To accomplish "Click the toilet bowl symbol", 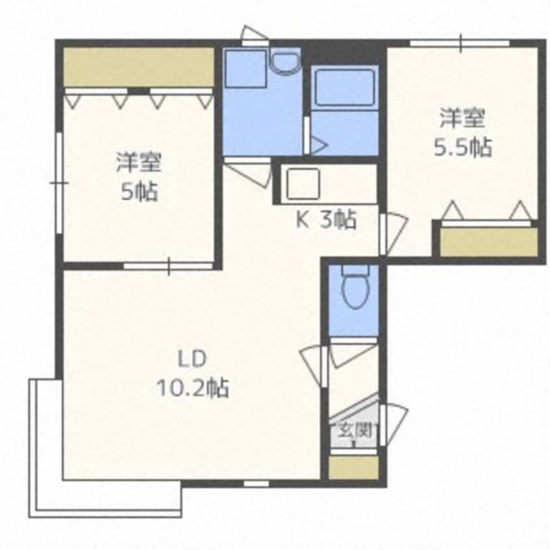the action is click(355, 287).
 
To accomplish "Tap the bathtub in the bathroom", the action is click(345, 88).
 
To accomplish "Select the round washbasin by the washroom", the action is click(286, 64).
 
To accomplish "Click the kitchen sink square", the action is click(303, 183).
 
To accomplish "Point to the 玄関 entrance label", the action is click(354, 431).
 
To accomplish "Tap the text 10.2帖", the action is click(192, 388).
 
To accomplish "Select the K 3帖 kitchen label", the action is click(326, 220).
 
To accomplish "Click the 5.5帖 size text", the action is click(463, 148).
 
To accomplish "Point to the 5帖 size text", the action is click(139, 192).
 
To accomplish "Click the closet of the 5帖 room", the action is click(139, 67).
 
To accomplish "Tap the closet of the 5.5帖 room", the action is click(489, 242).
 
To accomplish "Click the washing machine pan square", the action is click(246, 69).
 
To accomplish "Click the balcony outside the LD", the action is click(105, 498).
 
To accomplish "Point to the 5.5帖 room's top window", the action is click(460, 43).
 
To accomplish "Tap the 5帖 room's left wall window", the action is click(59, 183).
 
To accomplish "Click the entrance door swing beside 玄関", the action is click(393, 425).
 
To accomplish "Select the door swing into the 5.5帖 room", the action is click(393, 234).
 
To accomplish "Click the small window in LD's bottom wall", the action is click(256, 484).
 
